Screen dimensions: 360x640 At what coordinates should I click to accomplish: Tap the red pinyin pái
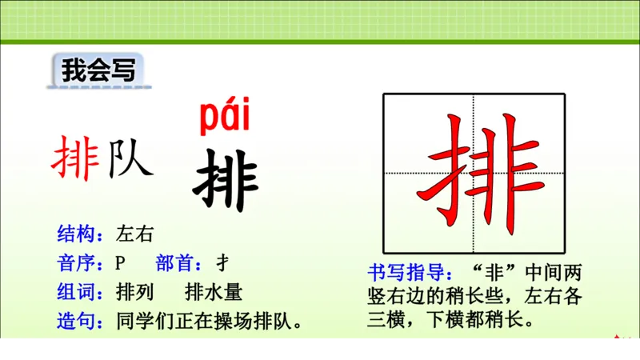(x=224, y=118)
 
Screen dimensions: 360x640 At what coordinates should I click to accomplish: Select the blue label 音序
(x=76, y=263)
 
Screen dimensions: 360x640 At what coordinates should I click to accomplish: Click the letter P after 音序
(x=121, y=263)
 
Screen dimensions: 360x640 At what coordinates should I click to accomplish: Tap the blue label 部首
(x=174, y=263)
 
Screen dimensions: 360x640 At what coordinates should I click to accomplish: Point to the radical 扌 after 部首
(x=224, y=263)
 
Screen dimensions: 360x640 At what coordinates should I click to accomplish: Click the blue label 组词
(x=76, y=292)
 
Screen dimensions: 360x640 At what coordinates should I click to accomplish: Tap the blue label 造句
(x=76, y=322)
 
